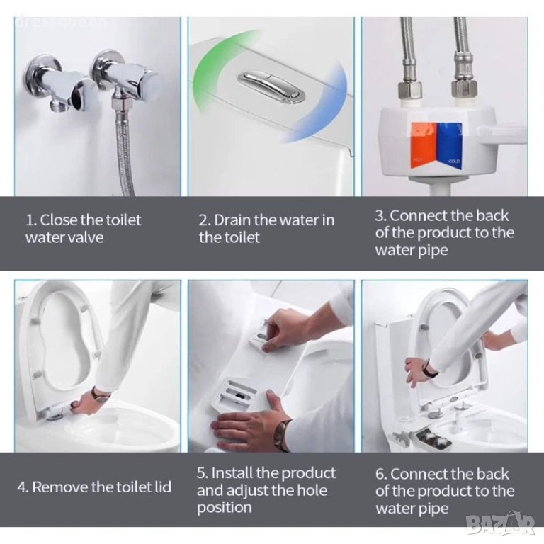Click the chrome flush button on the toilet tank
(271, 86)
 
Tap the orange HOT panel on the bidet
(424, 146)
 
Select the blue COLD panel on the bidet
(450, 146)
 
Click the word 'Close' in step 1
(59, 220)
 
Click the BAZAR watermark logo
(500, 523)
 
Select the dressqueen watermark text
(61, 21)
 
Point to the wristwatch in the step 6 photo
(430, 369)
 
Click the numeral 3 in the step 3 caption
(380, 215)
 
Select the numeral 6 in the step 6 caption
(380, 474)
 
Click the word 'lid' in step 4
(162, 487)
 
